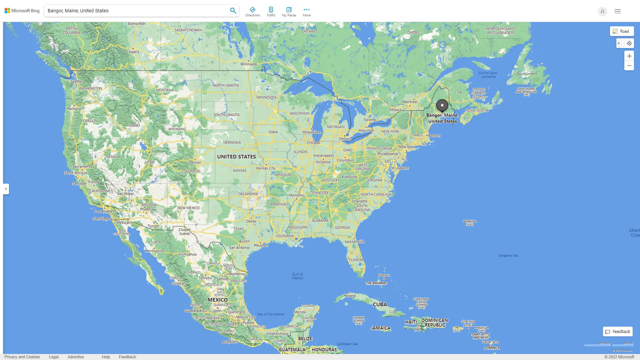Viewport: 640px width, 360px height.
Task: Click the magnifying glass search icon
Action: coord(233,11)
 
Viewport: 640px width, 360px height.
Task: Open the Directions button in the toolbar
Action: coord(252,12)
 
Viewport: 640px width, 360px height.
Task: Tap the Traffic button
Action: coord(271,12)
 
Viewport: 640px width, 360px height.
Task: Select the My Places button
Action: coord(289,12)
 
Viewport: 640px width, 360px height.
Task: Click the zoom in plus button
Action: coord(629,56)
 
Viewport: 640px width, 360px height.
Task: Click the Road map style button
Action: coord(622,31)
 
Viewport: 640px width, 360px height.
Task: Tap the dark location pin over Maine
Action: coord(442,105)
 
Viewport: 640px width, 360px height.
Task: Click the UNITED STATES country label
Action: coord(236,157)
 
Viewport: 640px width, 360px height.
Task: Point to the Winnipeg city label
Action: coord(248,64)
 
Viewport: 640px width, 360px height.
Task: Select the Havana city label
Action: coord(349,296)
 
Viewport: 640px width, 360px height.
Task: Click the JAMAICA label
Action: coord(380,328)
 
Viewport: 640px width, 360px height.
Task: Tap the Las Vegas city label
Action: coord(125,193)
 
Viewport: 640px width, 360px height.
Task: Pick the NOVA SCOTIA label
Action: coord(477,110)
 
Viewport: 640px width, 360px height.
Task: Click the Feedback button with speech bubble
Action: coord(618,332)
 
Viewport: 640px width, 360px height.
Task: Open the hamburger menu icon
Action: coord(617,11)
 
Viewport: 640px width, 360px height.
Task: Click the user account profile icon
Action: coord(602,11)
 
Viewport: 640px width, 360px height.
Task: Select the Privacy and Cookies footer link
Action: coord(22,357)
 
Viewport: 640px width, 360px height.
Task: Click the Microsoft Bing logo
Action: coord(22,11)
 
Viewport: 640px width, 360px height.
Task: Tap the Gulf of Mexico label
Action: coord(297,276)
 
